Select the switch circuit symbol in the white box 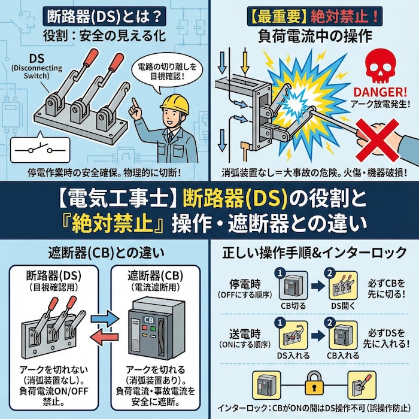32,147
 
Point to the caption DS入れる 293,356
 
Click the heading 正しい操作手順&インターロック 314,253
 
